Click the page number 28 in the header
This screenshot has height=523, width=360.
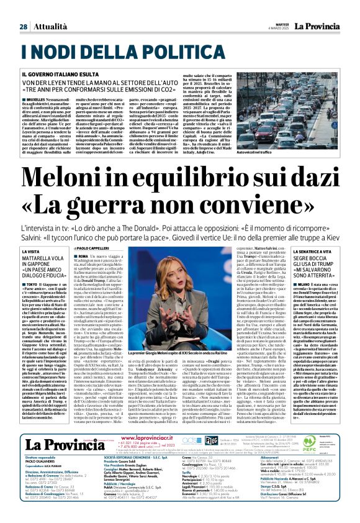click(x=23, y=9)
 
